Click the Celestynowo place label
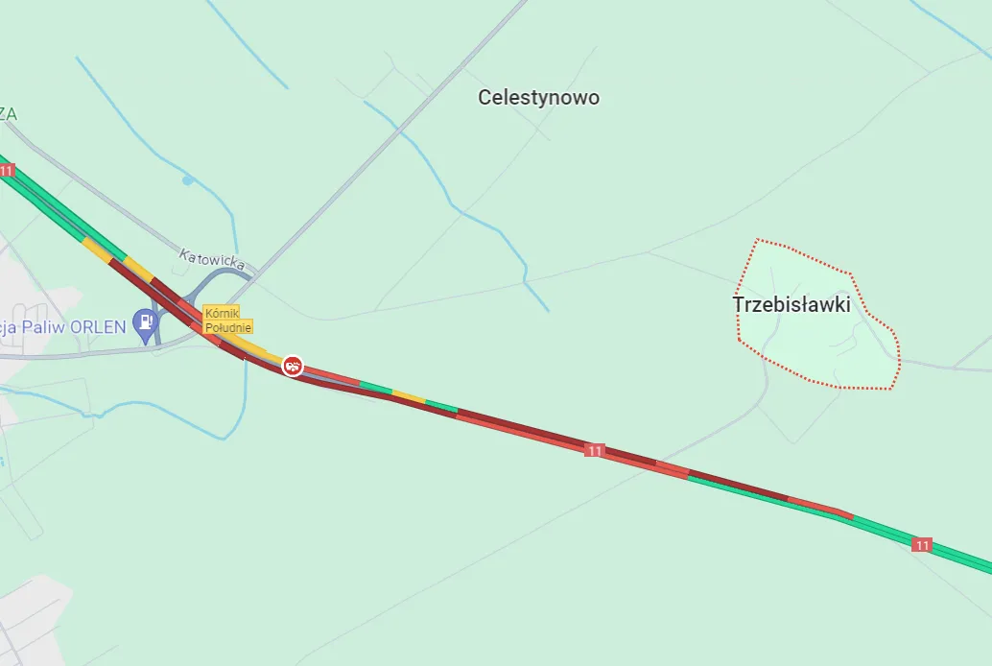pyautogui.click(x=538, y=97)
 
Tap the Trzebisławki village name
pyautogui.click(x=791, y=304)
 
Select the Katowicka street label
pyautogui.click(x=212, y=259)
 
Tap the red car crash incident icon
pyautogui.click(x=293, y=366)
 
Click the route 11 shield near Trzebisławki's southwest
pyautogui.click(x=595, y=450)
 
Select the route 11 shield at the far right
pyautogui.click(x=922, y=544)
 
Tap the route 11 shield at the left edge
pyautogui.click(x=7, y=171)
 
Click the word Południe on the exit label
pyautogui.click(x=228, y=327)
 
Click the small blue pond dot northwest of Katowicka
pyautogui.click(x=187, y=179)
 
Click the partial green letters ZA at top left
pyautogui.click(x=8, y=113)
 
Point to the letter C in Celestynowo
pyautogui.click(x=484, y=97)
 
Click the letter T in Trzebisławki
pyautogui.click(x=738, y=304)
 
